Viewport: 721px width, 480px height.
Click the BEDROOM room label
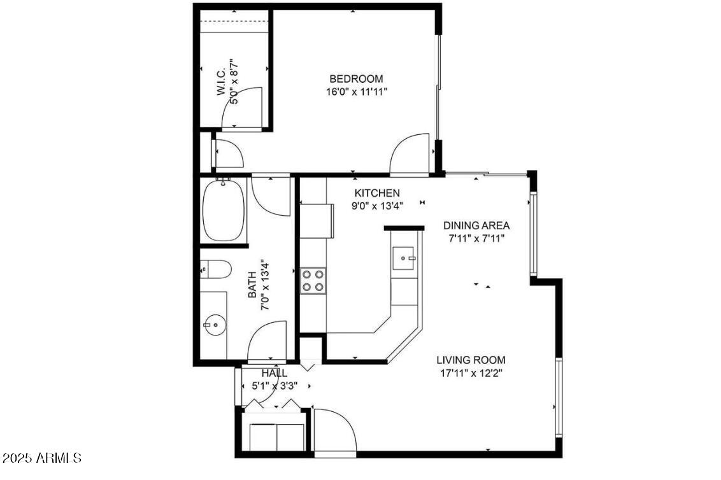pyautogui.click(x=356, y=79)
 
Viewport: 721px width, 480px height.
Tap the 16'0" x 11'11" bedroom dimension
pyautogui.click(x=356, y=92)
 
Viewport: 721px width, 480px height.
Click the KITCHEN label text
pyautogui.click(x=377, y=193)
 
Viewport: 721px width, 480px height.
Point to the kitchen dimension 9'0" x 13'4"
pyautogui.click(x=377, y=205)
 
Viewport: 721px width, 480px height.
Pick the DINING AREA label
pyautogui.click(x=476, y=225)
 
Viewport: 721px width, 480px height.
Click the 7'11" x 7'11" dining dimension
pyautogui.click(x=476, y=239)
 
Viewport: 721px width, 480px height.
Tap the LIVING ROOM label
pyautogui.click(x=471, y=360)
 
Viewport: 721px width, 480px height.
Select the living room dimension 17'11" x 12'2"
pyautogui.click(x=471, y=373)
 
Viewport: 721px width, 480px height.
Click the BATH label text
pyautogui.click(x=252, y=285)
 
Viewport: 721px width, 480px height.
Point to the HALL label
pyautogui.click(x=274, y=373)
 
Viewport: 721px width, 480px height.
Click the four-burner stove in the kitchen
pyautogui.click(x=313, y=281)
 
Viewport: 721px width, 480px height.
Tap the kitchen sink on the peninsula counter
pyautogui.click(x=404, y=258)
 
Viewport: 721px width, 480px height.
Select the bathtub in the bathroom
pyautogui.click(x=224, y=211)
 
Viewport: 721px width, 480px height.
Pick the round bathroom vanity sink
pyautogui.click(x=215, y=326)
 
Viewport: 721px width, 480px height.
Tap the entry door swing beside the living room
pyautogui.click(x=334, y=430)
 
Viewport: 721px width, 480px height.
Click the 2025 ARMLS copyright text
pyautogui.click(x=41, y=458)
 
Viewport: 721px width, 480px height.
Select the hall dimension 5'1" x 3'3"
pyautogui.click(x=274, y=385)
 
